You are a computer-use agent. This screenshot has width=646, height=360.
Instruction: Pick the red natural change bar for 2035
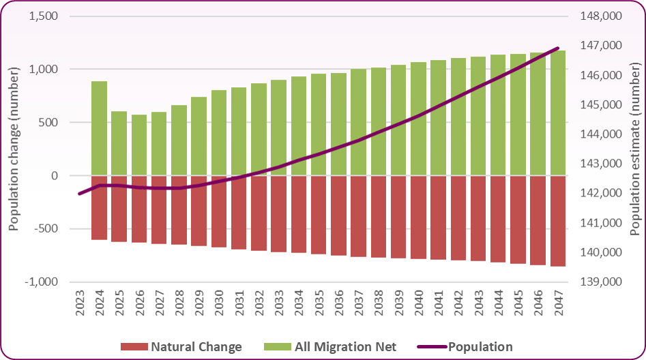click(319, 215)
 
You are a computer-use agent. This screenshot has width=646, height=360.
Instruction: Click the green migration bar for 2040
click(418, 119)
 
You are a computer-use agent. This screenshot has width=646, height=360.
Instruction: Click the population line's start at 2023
click(80, 194)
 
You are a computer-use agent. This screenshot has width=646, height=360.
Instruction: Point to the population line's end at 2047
click(558, 48)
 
